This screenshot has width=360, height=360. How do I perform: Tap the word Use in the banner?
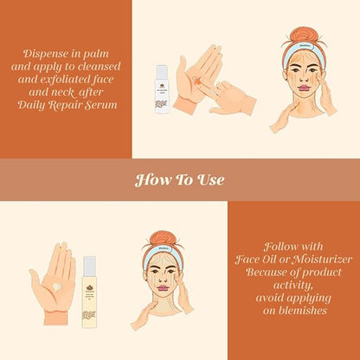coord(210,180)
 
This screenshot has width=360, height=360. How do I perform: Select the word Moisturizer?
coord(305,259)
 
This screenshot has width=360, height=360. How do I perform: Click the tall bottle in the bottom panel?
coord(89,289)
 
